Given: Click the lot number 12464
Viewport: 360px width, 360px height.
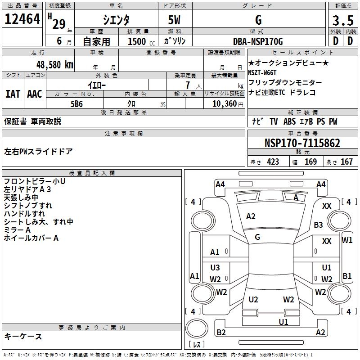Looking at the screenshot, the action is tap(22, 20).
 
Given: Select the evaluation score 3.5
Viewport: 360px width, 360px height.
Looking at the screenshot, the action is tap(342, 21).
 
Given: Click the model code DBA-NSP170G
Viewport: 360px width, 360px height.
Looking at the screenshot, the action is tap(258, 41).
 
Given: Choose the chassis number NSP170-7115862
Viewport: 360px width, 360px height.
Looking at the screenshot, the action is tap(302, 144).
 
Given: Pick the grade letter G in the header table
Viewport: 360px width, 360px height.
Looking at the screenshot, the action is tap(258, 20).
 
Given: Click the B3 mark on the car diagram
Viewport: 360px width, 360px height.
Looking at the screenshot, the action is tap(319, 225).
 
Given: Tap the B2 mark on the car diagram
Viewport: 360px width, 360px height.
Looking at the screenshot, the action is tap(221, 333).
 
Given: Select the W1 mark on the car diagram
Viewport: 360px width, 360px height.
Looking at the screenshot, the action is tap(347, 240).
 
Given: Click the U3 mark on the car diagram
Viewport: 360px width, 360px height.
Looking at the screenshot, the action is tap(215, 268).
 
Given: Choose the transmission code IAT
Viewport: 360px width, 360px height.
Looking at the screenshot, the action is tap(13, 94).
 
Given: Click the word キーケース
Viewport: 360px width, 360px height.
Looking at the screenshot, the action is tap(23, 337).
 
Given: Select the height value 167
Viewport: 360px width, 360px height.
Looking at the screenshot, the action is tap(346, 162).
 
